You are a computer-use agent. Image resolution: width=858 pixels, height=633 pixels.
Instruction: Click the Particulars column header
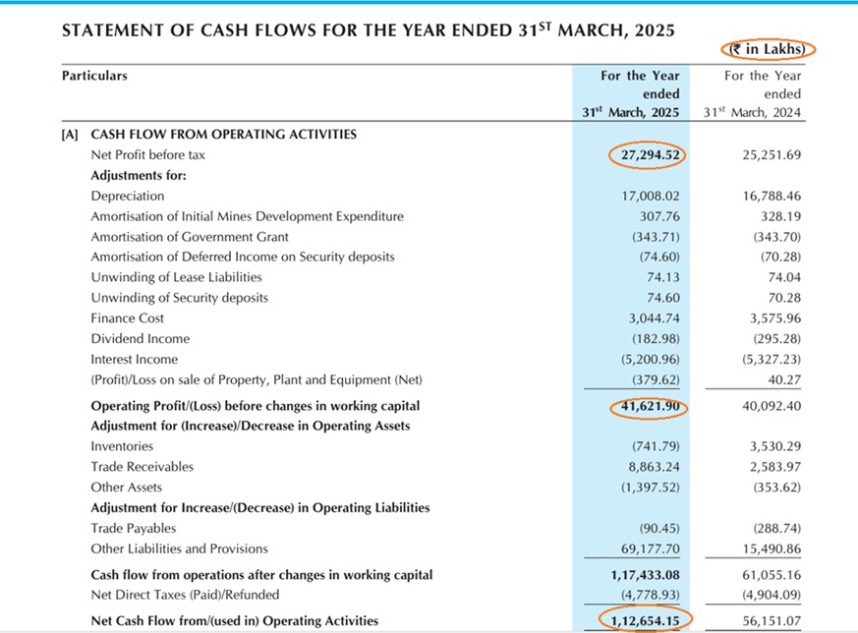pos(94,76)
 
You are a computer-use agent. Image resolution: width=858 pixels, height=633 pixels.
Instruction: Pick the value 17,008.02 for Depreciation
pos(645,197)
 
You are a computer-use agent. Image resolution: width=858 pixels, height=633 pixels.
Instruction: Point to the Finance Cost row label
pos(128,318)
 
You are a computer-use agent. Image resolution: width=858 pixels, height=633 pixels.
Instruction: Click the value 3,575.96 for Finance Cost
pos(772,318)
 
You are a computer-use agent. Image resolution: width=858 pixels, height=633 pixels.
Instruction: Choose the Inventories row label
pos(121,446)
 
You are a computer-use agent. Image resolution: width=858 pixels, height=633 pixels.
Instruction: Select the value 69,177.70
pos(645,548)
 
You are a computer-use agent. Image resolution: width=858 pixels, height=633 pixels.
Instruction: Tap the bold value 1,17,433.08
pos(642,575)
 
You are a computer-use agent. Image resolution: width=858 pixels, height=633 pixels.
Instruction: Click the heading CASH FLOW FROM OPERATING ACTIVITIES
pos(223,135)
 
